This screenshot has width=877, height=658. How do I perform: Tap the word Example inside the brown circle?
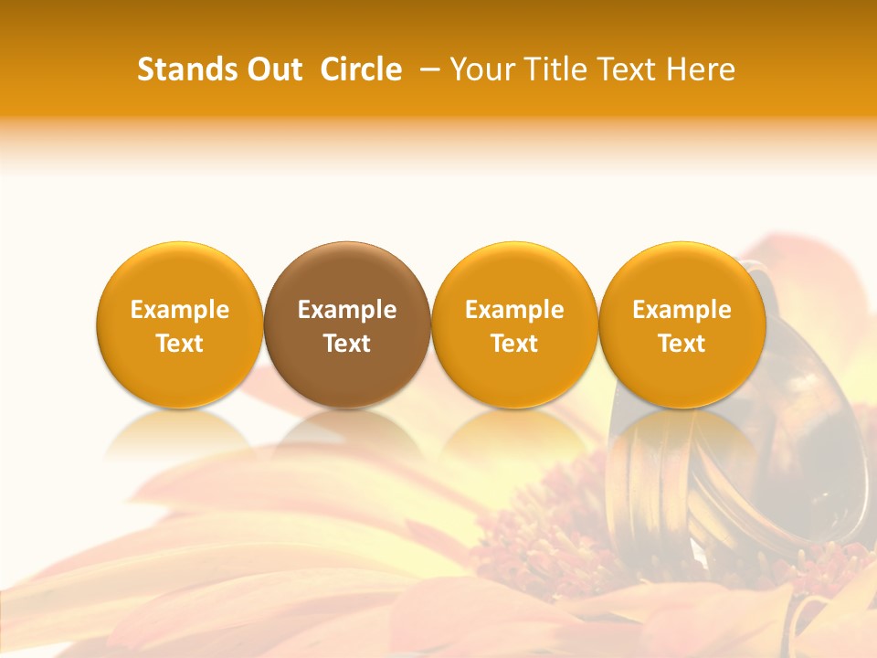coord(347,310)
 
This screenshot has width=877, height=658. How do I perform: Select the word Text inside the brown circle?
coord(347,344)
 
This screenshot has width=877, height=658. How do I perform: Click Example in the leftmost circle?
coord(180,310)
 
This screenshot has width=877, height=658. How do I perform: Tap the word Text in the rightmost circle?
coord(682,344)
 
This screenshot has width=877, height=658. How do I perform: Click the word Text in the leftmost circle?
coord(180,344)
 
